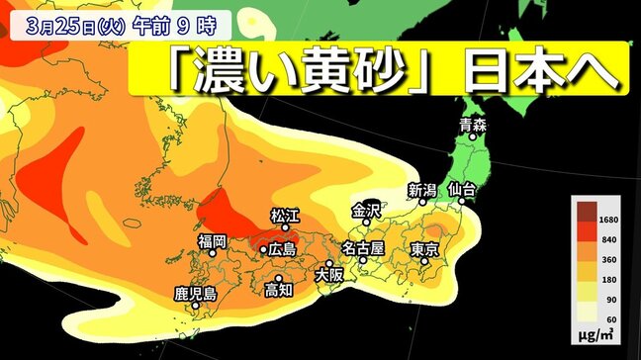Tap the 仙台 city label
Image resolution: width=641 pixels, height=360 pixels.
point(462,188)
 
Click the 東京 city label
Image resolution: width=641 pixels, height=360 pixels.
point(423,250)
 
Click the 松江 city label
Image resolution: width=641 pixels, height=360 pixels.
point(285,215)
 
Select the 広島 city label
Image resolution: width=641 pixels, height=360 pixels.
point(282,250)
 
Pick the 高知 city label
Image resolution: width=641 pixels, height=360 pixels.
point(279,290)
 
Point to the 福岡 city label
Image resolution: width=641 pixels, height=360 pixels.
point(212,240)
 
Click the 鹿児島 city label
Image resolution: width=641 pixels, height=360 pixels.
point(195,294)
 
